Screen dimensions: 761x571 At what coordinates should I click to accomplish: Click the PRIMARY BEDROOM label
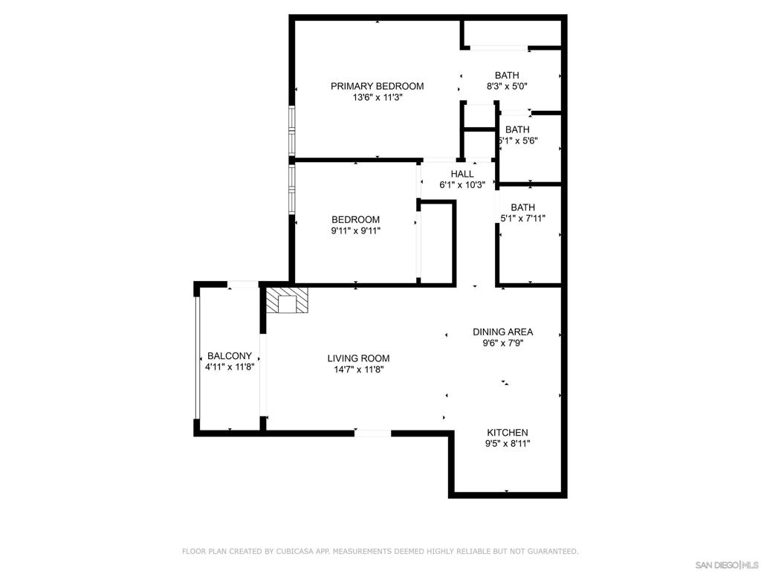377,86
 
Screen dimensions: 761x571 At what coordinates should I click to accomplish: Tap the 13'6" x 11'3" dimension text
378,97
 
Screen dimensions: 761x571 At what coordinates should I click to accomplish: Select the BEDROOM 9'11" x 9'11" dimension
356,231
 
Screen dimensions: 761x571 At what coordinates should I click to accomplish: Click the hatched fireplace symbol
288,300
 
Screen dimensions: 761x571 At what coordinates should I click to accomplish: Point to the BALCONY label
230,356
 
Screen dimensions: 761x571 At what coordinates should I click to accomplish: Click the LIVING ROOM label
358,358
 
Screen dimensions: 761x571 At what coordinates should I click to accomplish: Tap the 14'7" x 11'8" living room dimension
358,370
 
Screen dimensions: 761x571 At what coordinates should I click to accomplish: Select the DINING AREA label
503,332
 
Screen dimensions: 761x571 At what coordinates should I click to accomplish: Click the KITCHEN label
508,433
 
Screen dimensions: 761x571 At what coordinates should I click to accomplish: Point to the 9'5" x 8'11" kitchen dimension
508,443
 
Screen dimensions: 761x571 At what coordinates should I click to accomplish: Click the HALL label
462,174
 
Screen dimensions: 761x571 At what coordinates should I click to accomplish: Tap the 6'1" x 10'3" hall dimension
462,185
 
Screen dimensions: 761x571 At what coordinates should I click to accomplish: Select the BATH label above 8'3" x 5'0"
507,75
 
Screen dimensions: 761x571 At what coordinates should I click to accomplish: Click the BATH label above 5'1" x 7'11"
522,207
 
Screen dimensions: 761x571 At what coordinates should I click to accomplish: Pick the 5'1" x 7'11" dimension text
522,219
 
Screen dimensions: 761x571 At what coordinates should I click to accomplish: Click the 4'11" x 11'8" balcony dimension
230,367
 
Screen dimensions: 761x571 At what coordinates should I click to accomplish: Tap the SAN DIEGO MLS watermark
727,565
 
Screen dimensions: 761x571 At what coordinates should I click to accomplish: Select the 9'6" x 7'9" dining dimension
503,343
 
